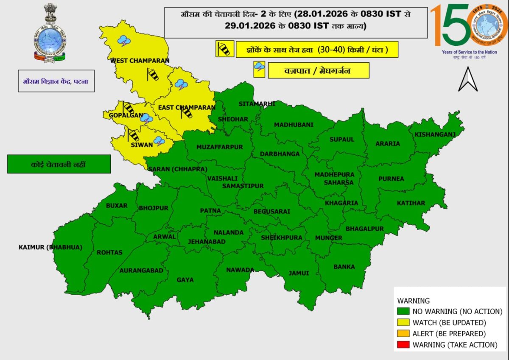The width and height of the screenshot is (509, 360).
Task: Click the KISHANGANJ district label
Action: point(435,135)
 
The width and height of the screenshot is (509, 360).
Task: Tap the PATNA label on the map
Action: point(210,211)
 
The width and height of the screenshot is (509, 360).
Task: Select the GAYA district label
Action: point(185,280)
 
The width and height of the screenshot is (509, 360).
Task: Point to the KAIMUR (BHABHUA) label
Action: point(50,247)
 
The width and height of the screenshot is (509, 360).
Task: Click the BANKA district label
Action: point(344,267)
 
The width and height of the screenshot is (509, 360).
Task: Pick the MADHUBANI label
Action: point(294,125)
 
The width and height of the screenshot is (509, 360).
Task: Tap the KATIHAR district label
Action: point(411,203)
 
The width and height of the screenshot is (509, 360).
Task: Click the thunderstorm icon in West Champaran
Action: point(124,41)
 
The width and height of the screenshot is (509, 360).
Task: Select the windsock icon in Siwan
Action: point(133,135)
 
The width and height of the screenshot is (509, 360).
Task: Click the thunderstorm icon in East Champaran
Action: point(182,84)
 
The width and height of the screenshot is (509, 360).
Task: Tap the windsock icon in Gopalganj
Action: point(128,108)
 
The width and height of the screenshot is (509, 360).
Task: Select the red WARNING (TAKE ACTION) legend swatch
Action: point(404,345)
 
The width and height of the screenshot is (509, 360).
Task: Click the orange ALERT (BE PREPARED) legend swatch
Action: point(404,334)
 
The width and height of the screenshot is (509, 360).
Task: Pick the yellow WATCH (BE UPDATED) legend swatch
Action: point(404,323)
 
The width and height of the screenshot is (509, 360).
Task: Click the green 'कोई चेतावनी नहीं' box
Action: point(59,164)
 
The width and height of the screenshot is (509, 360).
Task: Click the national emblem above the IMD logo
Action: point(50,14)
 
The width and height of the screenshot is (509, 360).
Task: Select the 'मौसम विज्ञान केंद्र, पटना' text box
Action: point(56,81)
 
